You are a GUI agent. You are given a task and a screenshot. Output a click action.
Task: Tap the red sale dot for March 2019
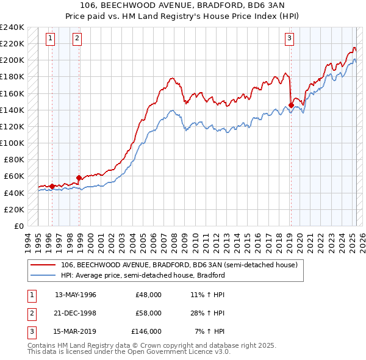click(291, 105)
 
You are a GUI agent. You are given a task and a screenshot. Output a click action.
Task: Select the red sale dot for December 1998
click(79, 178)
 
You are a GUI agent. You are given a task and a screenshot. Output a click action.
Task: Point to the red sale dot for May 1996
click(52, 186)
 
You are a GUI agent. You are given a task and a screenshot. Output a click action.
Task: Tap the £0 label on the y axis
click(18, 226)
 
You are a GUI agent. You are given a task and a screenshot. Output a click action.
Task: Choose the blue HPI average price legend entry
click(143, 275)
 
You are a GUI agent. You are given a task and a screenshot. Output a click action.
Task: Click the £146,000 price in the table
click(146, 332)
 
